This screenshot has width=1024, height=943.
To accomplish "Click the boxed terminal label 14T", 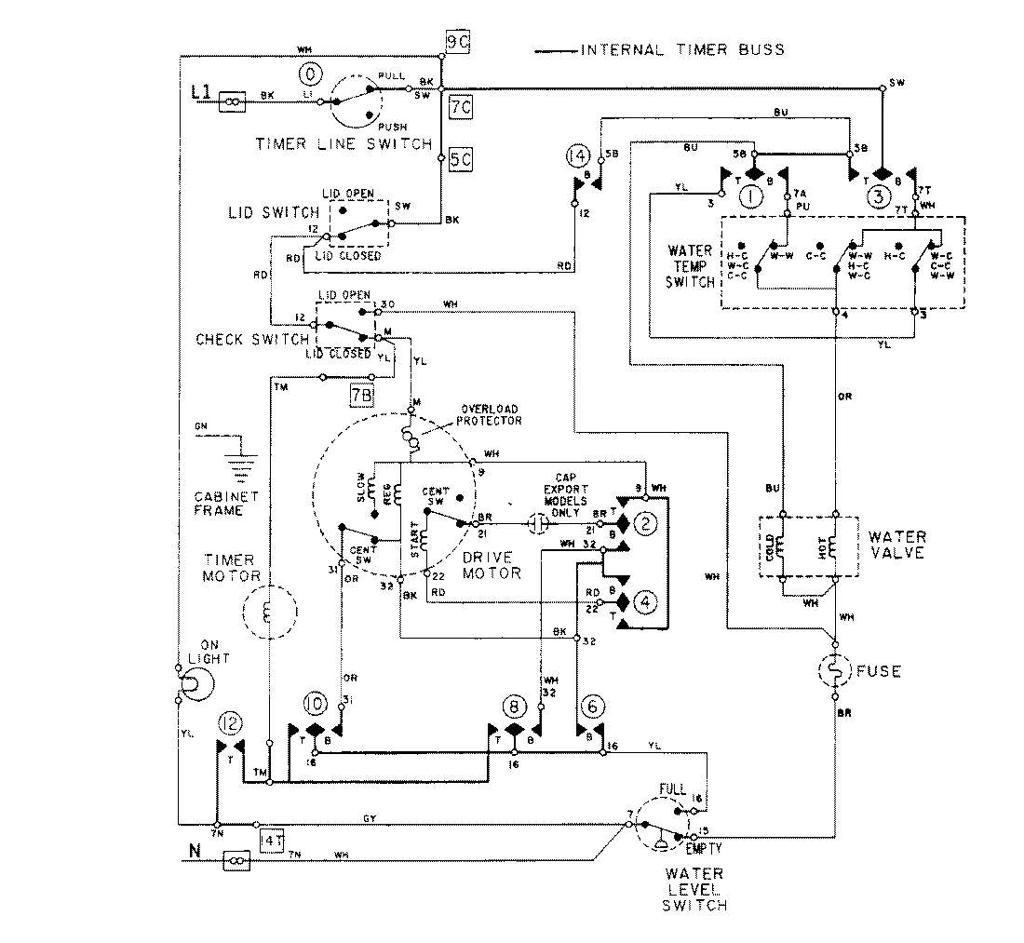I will tap(271, 841).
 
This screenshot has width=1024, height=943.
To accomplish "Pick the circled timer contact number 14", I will tap(577, 153).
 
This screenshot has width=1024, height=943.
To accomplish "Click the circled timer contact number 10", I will tap(314, 705).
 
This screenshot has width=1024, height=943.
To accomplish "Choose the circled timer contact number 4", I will tap(644, 601).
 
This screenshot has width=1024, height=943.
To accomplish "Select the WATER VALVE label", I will tap(896, 545).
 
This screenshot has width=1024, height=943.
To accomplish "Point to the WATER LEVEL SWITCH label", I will tap(695, 889).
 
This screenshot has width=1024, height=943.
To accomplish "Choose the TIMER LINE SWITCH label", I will tap(344, 144).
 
